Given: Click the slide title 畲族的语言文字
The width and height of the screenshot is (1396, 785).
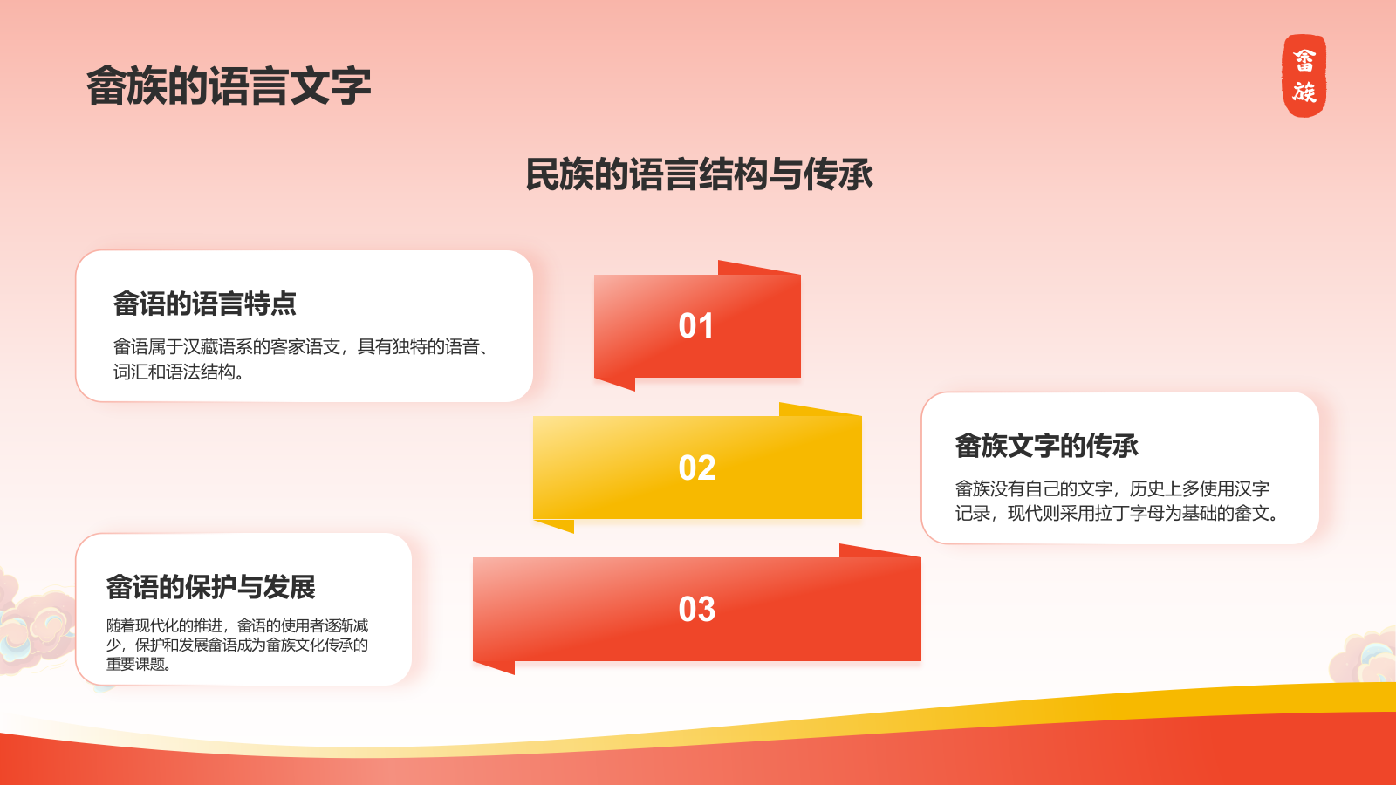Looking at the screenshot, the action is (x=229, y=86).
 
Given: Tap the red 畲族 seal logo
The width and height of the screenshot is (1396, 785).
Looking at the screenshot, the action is (x=1304, y=75).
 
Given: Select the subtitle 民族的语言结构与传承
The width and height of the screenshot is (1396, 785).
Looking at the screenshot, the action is (x=699, y=174).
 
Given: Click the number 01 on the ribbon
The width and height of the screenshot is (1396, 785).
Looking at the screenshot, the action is (x=696, y=326).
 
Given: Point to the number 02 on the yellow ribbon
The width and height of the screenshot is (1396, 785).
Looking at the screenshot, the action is (x=697, y=468).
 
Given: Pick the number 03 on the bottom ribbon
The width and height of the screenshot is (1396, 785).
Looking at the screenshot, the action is (x=697, y=610).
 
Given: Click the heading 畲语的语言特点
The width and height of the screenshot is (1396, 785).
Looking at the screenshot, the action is (x=204, y=304).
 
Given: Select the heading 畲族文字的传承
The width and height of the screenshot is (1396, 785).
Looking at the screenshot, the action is (x=1047, y=446).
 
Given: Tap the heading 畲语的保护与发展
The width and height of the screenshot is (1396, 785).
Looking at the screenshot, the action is (x=210, y=588).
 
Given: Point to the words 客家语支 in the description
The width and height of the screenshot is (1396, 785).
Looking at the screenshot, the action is (x=305, y=346).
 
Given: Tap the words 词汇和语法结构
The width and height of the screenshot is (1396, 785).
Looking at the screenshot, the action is (x=174, y=372).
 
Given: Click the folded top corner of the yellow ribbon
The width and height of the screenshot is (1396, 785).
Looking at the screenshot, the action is (x=820, y=409).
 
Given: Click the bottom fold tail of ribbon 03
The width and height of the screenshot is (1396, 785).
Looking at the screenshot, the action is (x=494, y=667).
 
